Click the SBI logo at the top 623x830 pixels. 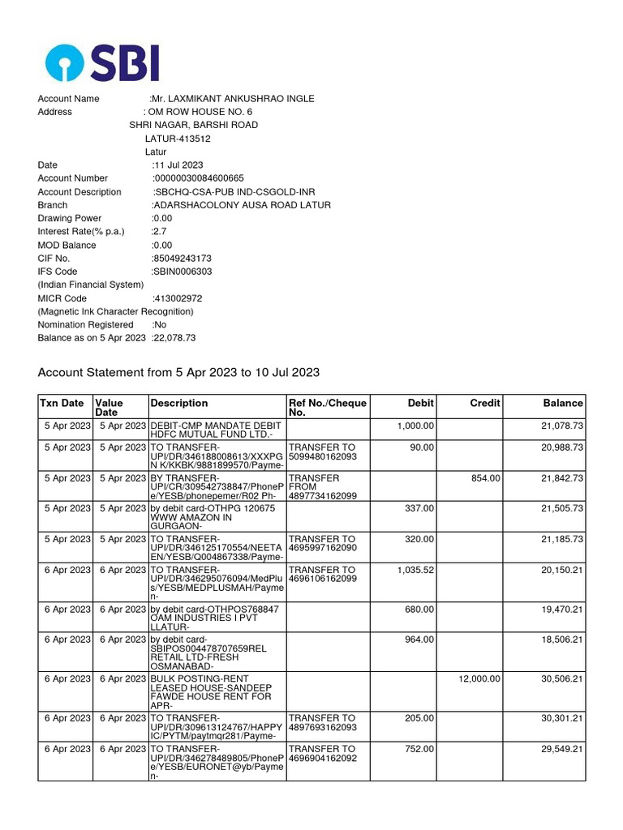click(x=102, y=62)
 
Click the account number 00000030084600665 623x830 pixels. click(x=199, y=178)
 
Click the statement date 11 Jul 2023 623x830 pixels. click(x=178, y=165)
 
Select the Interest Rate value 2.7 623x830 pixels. click(x=159, y=232)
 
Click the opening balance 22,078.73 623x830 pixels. click(x=174, y=338)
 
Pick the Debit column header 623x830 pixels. click(x=420, y=403)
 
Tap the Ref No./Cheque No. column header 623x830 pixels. click(x=328, y=408)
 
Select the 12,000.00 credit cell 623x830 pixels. click(x=479, y=679)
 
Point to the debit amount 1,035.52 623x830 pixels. click(x=415, y=571)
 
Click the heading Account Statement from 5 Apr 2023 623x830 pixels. click(x=178, y=373)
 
